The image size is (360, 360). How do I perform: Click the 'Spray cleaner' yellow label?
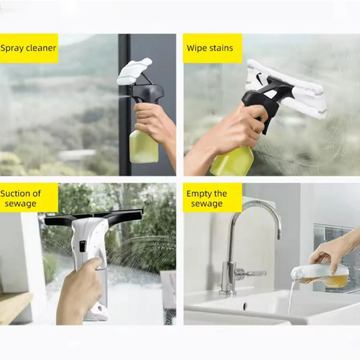(x=28, y=48)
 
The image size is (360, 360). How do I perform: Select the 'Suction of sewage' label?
(x=28, y=198)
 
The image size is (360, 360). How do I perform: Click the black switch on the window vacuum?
(x=82, y=246)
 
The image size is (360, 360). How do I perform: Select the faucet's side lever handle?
(x=252, y=273)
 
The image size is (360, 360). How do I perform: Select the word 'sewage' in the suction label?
(x=21, y=203)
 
